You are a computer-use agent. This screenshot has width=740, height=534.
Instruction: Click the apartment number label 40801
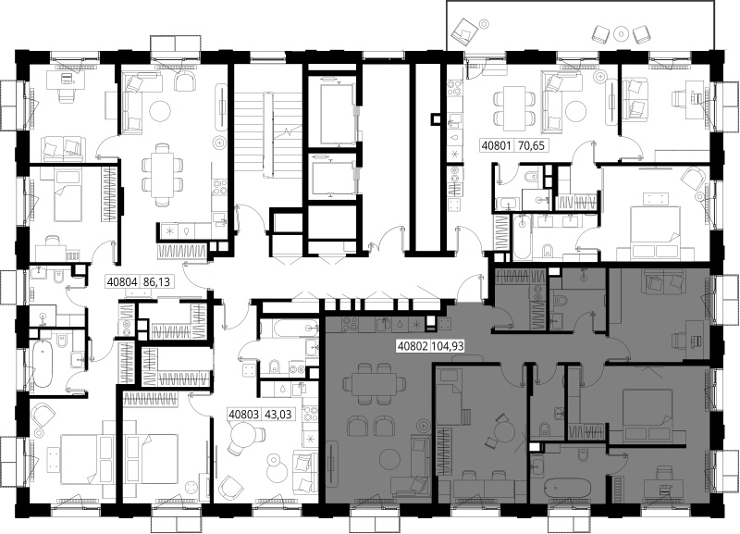coord(496,145)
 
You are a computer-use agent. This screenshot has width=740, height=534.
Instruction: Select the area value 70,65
coord(531,145)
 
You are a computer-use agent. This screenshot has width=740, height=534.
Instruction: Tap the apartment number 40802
coord(413,346)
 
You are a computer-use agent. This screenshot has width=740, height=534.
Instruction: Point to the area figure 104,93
coord(448,346)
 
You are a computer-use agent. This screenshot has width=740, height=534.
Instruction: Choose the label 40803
coord(244,415)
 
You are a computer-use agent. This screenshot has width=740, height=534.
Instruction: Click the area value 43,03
coord(278,415)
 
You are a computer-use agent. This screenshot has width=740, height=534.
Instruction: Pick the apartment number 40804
coord(122,282)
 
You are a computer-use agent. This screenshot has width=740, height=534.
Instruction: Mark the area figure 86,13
coord(156,282)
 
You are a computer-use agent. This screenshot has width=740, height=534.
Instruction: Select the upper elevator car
coord(337,113)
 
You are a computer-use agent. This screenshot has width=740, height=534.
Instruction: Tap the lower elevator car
coord(332,178)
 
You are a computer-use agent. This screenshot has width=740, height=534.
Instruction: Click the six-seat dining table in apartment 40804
coord(163,175)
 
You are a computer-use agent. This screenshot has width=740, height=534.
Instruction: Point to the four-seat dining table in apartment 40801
coord(514,108)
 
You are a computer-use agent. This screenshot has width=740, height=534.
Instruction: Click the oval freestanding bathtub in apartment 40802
coord(567,489)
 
